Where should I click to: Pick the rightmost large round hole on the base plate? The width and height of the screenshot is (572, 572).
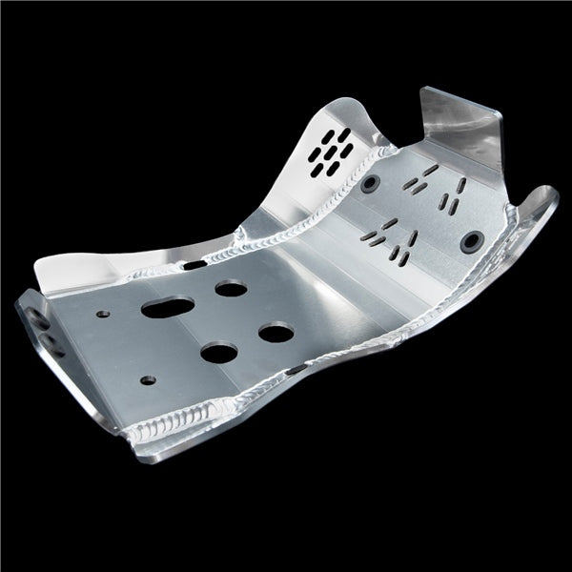(x=275, y=334)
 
